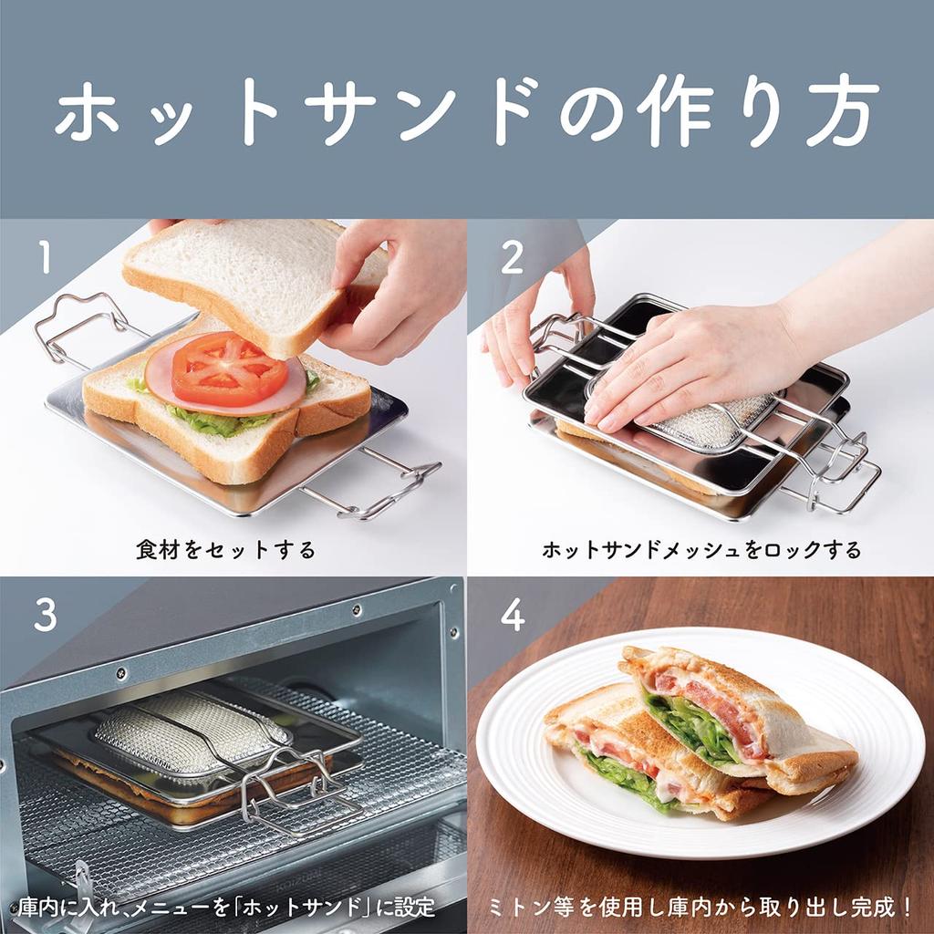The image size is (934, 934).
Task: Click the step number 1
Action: pyautogui.click(x=44, y=258)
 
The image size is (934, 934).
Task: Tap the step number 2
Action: pyautogui.click(x=513, y=258)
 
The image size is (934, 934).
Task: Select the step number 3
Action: pyautogui.click(x=45, y=616)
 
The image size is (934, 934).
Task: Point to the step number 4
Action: pyautogui.click(x=513, y=616)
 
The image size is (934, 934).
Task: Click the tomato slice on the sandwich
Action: pyautogui.click(x=229, y=368)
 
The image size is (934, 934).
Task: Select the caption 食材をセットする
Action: pyautogui.click(x=225, y=550)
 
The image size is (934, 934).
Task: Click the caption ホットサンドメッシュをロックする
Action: pyautogui.click(x=701, y=550)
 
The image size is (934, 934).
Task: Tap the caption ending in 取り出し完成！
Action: pyautogui.click(x=701, y=908)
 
